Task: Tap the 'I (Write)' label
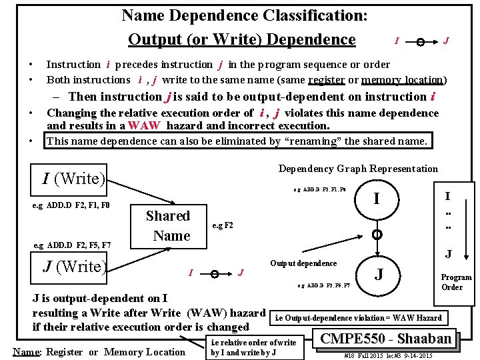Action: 74,178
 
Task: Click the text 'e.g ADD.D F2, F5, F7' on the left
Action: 72,245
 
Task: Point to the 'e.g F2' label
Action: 222,225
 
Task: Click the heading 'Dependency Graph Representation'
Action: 358,169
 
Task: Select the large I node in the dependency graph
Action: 377,199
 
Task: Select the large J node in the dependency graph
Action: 379,273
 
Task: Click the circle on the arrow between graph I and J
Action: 377,235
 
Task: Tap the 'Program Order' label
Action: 456,282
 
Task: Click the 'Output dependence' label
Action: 303,263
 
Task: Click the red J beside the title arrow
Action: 445,41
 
